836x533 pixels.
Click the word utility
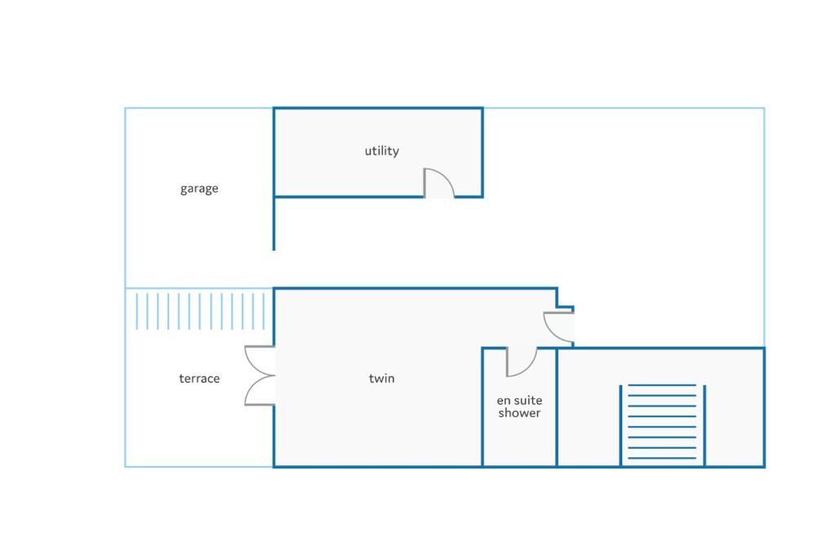[x=382, y=151]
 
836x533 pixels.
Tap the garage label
[x=199, y=189]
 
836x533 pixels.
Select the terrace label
[x=199, y=379]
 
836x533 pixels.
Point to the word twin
[x=382, y=379]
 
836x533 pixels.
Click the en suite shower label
[x=519, y=406]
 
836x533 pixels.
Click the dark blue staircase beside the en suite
[x=662, y=424]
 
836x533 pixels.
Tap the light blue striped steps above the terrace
[x=200, y=311]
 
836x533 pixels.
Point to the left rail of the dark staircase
[x=620, y=425]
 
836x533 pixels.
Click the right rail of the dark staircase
[x=705, y=425]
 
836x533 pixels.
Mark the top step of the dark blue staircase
[x=662, y=384]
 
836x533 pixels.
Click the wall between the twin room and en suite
[x=482, y=407]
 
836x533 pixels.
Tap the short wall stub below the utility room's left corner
[x=274, y=224]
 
